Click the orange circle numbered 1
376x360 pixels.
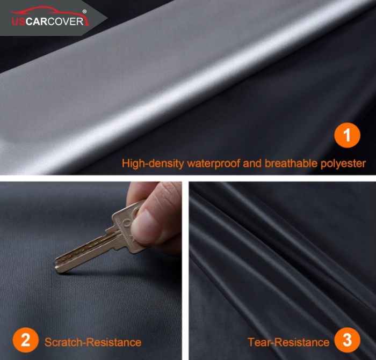pyautogui.click(x=347, y=135)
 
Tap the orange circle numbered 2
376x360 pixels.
pyautogui.click(x=26, y=340)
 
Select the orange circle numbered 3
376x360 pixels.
pyautogui.click(x=347, y=340)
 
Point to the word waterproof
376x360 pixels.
pyautogui.click(x=213, y=164)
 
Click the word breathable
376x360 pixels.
pyautogui.click(x=291, y=163)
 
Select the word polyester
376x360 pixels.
pyautogui.click(x=343, y=164)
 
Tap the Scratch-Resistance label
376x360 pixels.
pyautogui.click(x=93, y=342)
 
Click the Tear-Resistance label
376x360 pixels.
pyautogui.click(x=288, y=342)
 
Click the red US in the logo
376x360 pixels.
pyautogui.click(x=18, y=21)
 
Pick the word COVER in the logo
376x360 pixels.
pyautogui.click(x=65, y=21)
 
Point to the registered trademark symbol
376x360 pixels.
pyautogui.click(x=84, y=11)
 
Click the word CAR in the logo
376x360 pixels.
pyautogui.click(x=36, y=21)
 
